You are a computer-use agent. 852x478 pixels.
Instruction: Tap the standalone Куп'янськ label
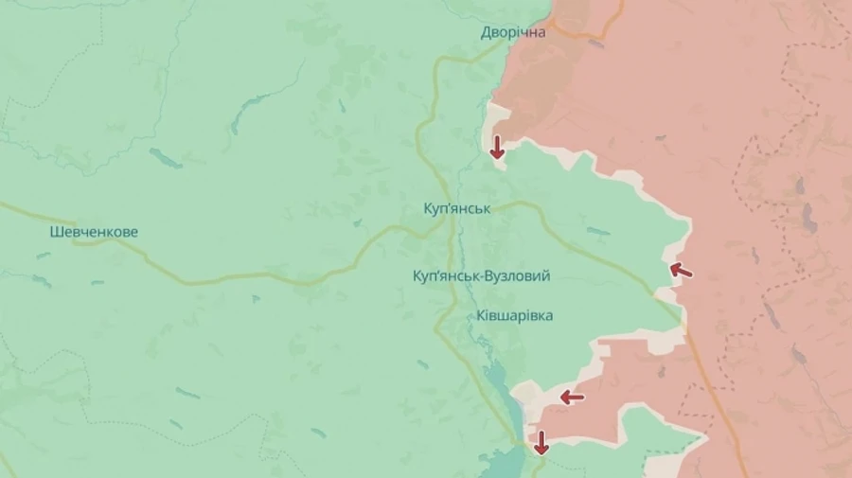click(457, 207)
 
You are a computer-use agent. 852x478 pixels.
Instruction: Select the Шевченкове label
click(95, 232)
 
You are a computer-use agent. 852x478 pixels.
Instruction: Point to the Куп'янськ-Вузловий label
click(482, 275)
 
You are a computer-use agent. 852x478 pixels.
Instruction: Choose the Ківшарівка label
click(515, 315)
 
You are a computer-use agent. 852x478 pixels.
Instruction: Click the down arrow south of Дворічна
click(496, 147)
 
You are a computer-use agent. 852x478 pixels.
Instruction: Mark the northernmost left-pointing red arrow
click(681, 271)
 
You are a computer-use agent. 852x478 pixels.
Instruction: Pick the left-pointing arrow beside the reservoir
click(571, 397)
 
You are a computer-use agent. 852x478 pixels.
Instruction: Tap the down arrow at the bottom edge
click(541, 442)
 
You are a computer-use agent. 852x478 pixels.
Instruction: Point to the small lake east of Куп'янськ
click(598, 231)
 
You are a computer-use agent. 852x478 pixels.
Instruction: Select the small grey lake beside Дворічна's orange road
click(595, 43)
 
